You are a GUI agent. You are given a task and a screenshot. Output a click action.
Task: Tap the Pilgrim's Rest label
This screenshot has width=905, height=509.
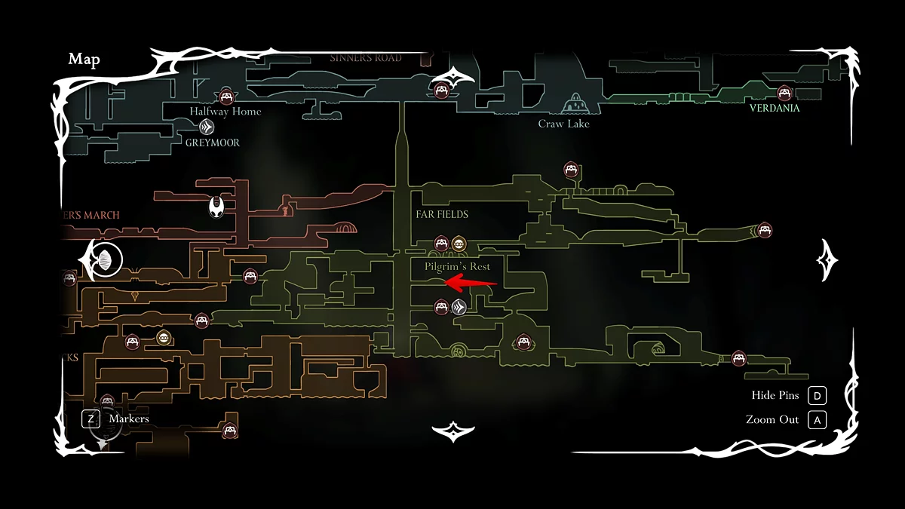pyautogui.click(x=457, y=266)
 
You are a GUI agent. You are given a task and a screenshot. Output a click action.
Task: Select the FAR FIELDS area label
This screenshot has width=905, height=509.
pyautogui.click(x=442, y=214)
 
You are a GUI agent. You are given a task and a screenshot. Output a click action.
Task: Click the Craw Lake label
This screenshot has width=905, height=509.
pyautogui.click(x=563, y=124)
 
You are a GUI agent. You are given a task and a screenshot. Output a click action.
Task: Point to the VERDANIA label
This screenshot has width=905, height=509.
pyautogui.click(x=775, y=108)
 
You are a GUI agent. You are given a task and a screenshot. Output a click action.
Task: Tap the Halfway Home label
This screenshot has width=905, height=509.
pyautogui.click(x=225, y=111)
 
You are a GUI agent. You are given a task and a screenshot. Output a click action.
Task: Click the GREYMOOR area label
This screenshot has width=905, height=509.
pyautogui.click(x=213, y=142)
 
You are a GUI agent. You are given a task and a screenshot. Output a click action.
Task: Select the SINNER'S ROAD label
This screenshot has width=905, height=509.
pyautogui.click(x=366, y=58)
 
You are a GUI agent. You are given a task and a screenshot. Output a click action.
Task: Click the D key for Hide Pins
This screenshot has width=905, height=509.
pyautogui.click(x=817, y=396)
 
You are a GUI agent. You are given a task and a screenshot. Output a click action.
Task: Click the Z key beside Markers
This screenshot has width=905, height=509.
pyautogui.click(x=90, y=419)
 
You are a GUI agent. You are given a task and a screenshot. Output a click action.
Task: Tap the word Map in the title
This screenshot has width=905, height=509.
pyautogui.click(x=84, y=60)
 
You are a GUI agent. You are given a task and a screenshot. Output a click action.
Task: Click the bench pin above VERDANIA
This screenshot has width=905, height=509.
pyautogui.click(x=784, y=93)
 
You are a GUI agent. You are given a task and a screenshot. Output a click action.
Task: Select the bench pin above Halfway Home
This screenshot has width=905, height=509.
pyautogui.click(x=225, y=97)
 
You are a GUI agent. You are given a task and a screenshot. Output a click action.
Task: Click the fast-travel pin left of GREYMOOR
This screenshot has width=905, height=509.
pyautogui.click(x=204, y=127)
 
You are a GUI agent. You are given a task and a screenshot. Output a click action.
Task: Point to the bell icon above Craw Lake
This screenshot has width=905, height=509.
pyautogui.click(x=575, y=102)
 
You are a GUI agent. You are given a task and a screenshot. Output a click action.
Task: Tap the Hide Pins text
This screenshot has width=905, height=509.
pyautogui.click(x=775, y=396)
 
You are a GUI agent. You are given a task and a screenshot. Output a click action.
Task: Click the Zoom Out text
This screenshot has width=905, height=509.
pyautogui.click(x=772, y=419)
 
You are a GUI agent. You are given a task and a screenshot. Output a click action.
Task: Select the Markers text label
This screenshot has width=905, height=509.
pyautogui.click(x=129, y=419)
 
